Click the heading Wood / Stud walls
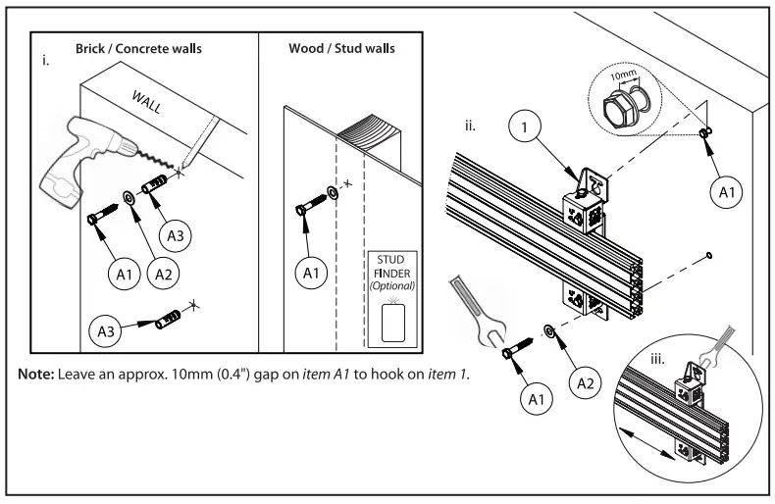point(342,48)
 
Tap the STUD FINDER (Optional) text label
point(390,272)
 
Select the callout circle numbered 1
point(528,127)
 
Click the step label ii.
point(471,126)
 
